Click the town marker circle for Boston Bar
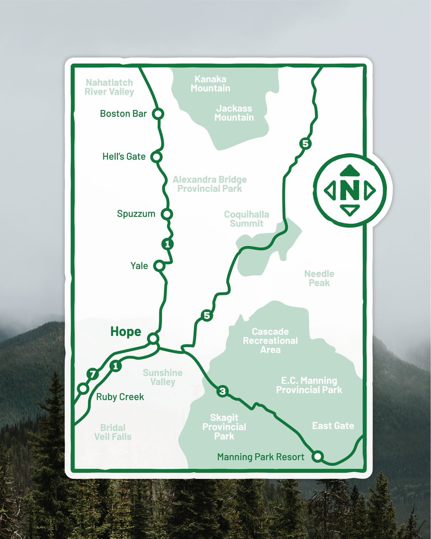click(x=157, y=114)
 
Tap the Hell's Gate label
click(x=124, y=157)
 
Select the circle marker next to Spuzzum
click(x=167, y=214)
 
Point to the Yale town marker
click(x=159, y=266)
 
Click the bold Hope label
click(x=126, y=332)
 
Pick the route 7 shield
click(x=93, y=374)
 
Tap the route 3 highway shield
click(x=222, y=391)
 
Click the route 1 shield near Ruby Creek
click(x=115, y=366)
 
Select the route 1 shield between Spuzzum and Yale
click(x=167, y=244)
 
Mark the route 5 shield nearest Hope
click(x=207, y=316)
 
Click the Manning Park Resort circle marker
click(x=318, y=456)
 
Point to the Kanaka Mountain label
click(x=210, y=84)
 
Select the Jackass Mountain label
click(x=234, y=113)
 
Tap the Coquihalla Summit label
click(x=246, y=219)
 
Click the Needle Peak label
click(x=319, y=278)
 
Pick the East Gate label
click(x=333, y=426)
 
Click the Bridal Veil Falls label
click(x=113, y=432)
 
